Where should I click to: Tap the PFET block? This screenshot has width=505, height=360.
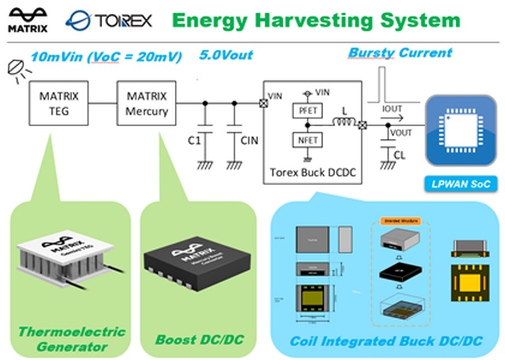(x=307, y=110)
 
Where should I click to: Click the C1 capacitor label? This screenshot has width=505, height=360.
(x=194, y=140)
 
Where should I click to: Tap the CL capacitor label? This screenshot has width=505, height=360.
(x=399, y=155)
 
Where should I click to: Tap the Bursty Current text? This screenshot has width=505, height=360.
(x=400, y=52)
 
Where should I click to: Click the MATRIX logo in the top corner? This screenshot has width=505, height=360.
(x=27, y=19)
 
